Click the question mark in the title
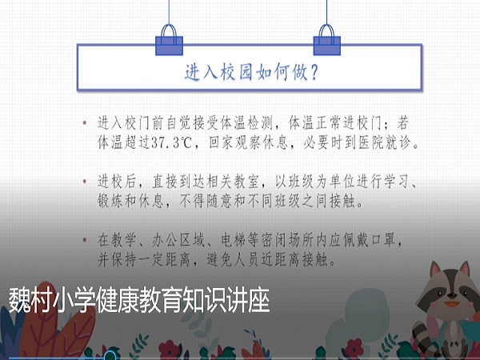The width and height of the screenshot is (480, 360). (x=314, y=72)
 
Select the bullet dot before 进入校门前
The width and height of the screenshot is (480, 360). (x=85, y=123)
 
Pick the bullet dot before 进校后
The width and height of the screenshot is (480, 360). (x=85, y=182)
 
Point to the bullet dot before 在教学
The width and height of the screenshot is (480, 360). (x=85, y=240)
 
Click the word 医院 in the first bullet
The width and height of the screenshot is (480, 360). (x=371, y=142)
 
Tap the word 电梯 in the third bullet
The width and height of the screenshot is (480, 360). (x=234, y=240)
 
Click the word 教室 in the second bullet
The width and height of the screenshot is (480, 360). (x=246, y=182)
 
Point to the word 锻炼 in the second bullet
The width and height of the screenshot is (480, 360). (x=110, y=201)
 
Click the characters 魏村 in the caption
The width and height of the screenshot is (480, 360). (x=30, y=300)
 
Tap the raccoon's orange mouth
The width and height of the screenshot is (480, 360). (x=451, y=304)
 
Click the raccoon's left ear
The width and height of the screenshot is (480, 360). (x=436, y=270)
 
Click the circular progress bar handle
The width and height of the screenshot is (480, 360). (x=110, y=357)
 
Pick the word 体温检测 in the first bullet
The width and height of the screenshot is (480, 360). (x=246, y=123)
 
